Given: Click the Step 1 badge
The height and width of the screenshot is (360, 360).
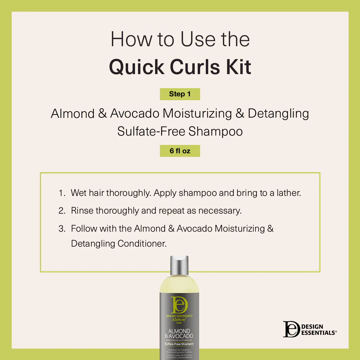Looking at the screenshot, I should click(x=180, y=94).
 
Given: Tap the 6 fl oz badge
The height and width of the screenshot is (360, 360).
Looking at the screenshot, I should click(x=180, y=151).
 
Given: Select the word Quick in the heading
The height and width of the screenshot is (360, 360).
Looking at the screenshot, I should click(x=136, y=67).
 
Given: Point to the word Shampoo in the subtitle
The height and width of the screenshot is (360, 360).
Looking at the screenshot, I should click(x=215, y=131).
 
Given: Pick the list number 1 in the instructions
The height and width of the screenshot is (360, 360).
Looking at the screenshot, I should click(x=61, y=193).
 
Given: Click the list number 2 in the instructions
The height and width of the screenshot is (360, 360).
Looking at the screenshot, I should click(x=62, y=211).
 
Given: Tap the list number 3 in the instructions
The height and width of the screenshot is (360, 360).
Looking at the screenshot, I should click(x=62, y=229).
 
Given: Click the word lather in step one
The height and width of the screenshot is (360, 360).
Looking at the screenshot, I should click(x=288, y=193).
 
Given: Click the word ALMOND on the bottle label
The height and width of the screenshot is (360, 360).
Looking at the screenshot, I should click(x=179, y=331).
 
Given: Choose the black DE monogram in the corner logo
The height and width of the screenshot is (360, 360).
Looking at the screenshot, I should click(x=291, y=329).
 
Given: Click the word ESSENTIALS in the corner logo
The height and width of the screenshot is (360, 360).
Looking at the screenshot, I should click(x=318, y=333).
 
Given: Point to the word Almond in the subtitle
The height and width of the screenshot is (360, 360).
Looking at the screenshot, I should click(x=73, y=114).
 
